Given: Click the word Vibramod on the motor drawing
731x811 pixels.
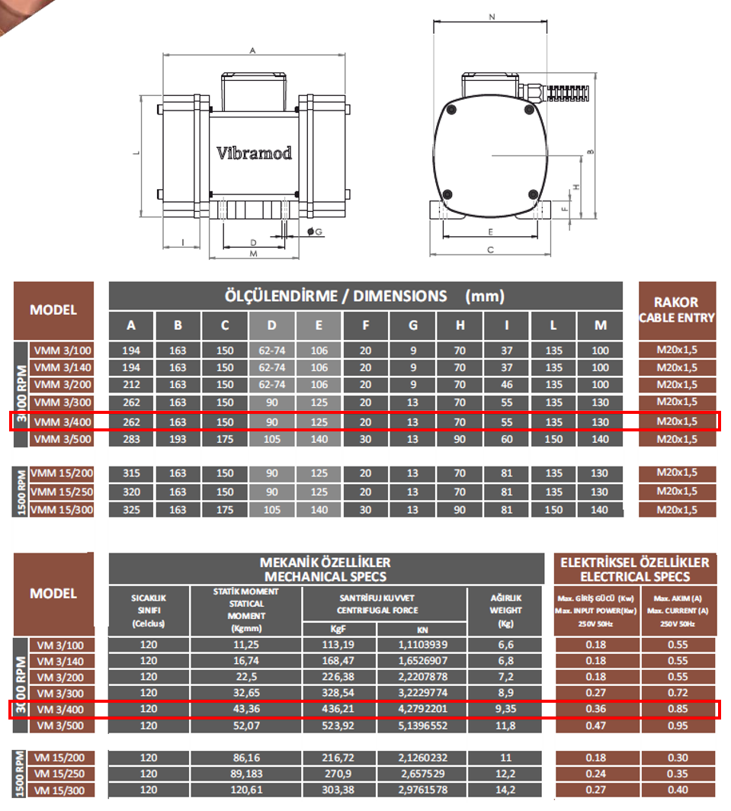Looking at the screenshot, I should coord(253,152).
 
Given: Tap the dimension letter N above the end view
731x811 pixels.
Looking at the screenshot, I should coord(491,15).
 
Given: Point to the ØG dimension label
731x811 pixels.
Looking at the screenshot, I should coord(315,231).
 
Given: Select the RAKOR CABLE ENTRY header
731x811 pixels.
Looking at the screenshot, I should coord(677,309).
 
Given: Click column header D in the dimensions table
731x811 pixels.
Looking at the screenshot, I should coord(272,325).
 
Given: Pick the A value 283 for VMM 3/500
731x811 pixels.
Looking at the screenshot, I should coord(131,439).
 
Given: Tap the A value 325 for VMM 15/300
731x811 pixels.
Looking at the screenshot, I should coord(131,509).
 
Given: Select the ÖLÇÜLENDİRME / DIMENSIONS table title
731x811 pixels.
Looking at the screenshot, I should coord(364,296).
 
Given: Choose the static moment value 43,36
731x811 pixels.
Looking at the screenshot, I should coord(246,710).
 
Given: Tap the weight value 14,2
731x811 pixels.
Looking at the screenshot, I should coord(505,790).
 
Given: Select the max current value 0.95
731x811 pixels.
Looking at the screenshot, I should coord(678,726).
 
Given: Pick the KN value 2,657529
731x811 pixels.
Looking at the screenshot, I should coord(423,774).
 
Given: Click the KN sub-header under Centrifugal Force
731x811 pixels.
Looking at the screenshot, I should coord(423,630).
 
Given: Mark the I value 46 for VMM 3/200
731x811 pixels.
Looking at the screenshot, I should coord(506,385).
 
